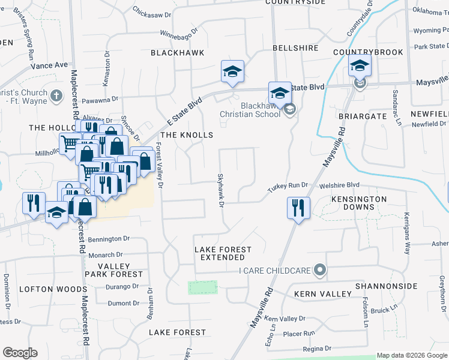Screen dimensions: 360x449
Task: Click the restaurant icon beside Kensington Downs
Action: (298, 208)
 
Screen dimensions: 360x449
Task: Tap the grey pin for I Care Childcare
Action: (320, 271)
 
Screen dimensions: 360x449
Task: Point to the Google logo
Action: (20, 353)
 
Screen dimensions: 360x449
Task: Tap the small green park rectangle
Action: (202, 287)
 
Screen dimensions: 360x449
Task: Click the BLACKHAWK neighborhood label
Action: (177, 53)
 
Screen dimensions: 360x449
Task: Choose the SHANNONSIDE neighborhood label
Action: (386, 286)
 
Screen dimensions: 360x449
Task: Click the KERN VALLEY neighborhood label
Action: (322, 294)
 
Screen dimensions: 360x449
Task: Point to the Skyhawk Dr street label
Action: (220, 191)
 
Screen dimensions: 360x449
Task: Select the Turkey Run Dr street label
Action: (288, 187)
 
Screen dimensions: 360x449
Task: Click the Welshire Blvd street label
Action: (339, 185)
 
